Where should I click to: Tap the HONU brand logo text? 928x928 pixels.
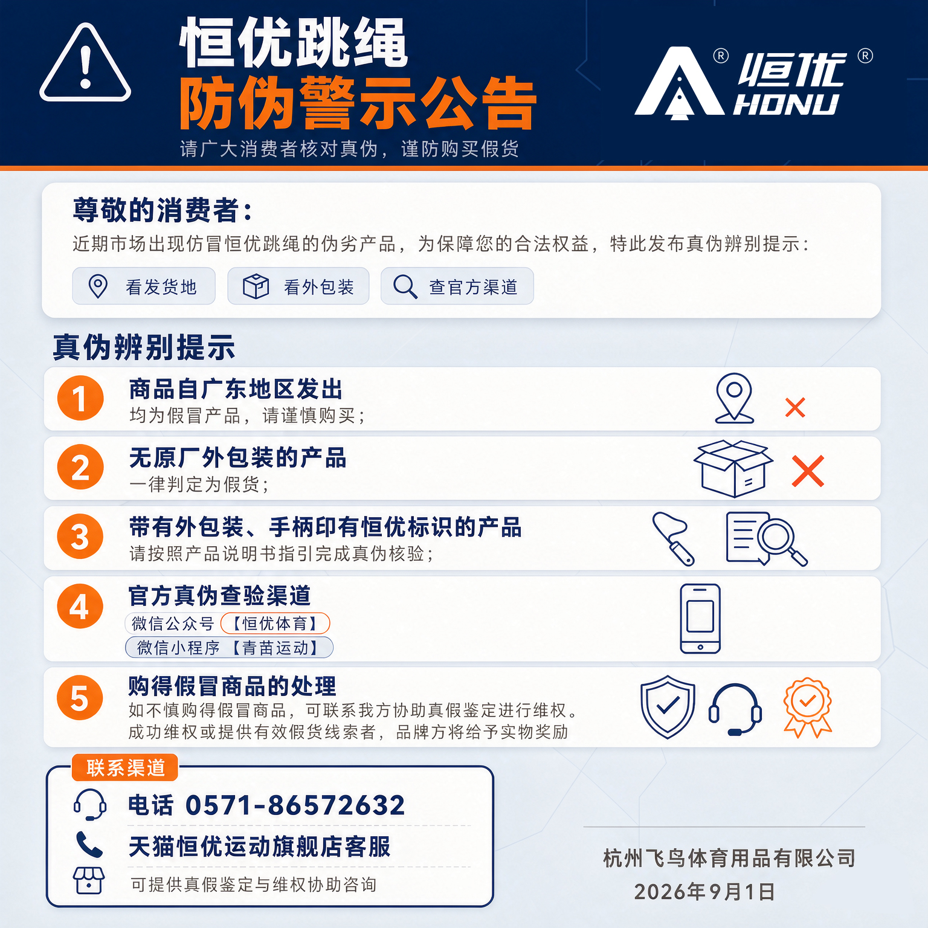tap(787, 105)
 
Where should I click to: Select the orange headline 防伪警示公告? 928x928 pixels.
tap(358, 103)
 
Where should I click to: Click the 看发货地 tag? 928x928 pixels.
tap(144, 286)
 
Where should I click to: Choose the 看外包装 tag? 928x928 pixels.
tap(298, 286)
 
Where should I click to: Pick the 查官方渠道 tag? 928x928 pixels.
tap(457, 286)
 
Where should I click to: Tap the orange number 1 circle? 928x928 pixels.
tap(80, 398)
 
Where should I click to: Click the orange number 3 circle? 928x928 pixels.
tap(80, 536)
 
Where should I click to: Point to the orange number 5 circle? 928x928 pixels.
tap(80, 697)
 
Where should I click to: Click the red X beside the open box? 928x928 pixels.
tap(808, 471)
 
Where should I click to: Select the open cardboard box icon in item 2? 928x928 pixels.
tap(733, 468)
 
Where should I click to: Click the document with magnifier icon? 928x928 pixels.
tap(766, 539)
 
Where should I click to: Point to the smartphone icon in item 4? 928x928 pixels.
tap(700, 618)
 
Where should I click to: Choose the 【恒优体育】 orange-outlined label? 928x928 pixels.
tap(275, 623)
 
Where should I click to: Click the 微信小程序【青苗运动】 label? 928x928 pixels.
tap(229, 648)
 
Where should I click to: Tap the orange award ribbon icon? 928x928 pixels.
tap(808, 707)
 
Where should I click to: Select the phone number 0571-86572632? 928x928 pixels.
tap(295, 805)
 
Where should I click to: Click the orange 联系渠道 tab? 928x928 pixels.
tap(125, 768)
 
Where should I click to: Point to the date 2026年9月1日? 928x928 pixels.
tap(704, 892)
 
